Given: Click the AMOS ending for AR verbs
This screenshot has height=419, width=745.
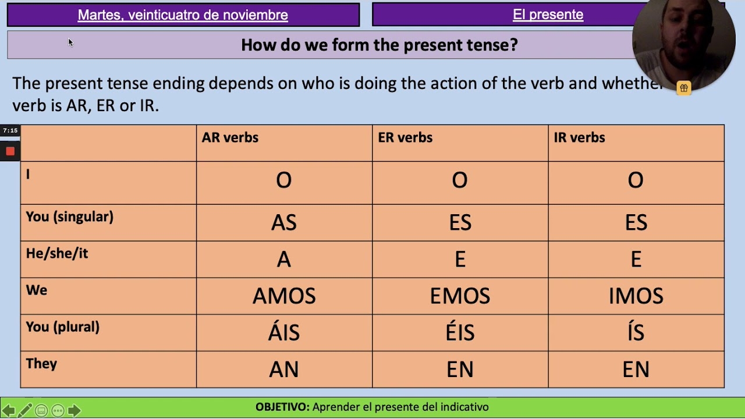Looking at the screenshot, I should [284, 296].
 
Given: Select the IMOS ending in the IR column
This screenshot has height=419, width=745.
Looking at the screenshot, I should [636, 296].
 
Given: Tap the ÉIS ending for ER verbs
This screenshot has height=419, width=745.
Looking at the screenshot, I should [460, 333].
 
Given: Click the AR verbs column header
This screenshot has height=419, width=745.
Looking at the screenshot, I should [230, 138].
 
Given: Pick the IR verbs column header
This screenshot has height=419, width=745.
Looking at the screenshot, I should [579, 138].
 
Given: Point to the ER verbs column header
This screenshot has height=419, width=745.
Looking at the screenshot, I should [405, 138].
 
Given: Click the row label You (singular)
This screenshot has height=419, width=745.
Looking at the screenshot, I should [69, 217].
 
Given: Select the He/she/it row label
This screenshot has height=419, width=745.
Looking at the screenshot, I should [57, 254].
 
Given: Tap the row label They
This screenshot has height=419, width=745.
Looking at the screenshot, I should [41, 364].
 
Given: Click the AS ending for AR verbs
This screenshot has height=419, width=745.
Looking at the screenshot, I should [284, 223].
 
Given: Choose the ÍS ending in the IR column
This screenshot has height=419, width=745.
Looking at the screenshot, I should [636, 333].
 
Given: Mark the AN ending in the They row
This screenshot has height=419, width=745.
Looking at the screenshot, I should [284, 370].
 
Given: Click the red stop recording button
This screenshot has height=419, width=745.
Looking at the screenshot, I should [10, 151].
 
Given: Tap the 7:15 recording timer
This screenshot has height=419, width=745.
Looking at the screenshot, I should [10, 131].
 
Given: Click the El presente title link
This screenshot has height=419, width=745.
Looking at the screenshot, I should [548, 15].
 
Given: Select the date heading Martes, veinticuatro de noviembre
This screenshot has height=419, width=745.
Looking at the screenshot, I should [183, 15].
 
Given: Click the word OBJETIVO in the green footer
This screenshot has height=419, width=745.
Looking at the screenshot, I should [282, 407].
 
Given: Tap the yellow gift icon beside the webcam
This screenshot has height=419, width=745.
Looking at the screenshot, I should [684, 88].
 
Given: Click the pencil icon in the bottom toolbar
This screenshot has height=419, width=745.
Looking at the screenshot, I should [24, 411].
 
